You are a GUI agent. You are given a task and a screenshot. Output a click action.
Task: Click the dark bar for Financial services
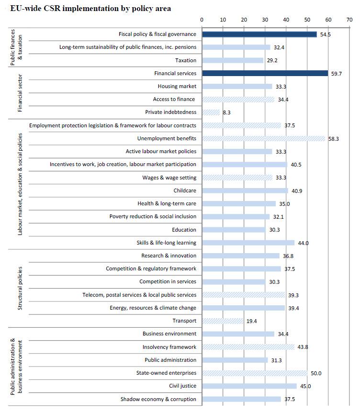(x=265, y=73)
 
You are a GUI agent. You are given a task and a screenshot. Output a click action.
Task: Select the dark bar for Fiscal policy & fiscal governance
(x=259, y=34)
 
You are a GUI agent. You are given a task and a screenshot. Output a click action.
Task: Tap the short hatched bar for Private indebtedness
(x=211, y=112)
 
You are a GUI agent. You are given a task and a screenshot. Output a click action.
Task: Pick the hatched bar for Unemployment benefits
(x=263, y=138)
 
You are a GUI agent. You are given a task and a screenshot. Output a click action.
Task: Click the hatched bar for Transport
(x=223, y=321)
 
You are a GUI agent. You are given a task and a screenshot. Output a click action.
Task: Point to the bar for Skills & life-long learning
(x=248, y=243)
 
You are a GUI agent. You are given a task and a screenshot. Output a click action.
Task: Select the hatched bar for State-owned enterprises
(x=255, y=373)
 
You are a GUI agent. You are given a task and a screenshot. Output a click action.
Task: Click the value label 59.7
(x=337, y=74)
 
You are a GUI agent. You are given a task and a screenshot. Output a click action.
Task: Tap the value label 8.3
(x=227, y=112)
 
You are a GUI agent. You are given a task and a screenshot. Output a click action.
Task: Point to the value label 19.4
(x=252, y=321)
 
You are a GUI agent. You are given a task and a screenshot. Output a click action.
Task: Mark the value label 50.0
(x=316, y=373)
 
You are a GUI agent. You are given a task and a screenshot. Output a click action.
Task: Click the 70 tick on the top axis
(x=349, y=20)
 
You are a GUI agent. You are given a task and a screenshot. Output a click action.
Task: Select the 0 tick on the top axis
(x=202, y=20)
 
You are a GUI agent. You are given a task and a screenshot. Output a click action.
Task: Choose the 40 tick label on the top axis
(x=286, y=20)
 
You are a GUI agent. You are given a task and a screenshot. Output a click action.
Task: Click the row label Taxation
(x=186, y=60)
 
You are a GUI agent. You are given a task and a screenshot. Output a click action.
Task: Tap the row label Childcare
(x=185, y=190)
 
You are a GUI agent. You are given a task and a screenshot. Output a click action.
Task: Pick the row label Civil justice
(x=183, y=386)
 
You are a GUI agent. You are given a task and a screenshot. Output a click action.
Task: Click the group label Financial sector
(x=20, y=93)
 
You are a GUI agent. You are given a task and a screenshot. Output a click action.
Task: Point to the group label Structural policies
(x=20, y=288)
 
